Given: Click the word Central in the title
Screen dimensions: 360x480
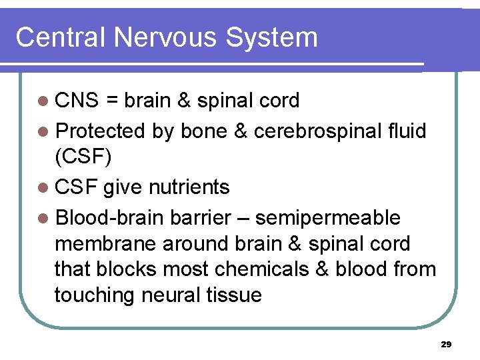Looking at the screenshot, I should [x=61, y=37].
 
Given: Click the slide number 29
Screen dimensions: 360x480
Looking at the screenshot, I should [x=447, y=345].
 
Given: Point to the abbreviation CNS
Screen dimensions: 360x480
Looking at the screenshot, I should [x=77, y=101].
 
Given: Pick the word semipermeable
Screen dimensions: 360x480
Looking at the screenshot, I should [x=328, y=218].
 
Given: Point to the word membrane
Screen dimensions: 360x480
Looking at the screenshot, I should [x=105, y=244].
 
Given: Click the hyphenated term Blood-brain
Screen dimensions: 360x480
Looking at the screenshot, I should [x=110, y=217].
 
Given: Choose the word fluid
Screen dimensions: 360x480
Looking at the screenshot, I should [x=407, y=131].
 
